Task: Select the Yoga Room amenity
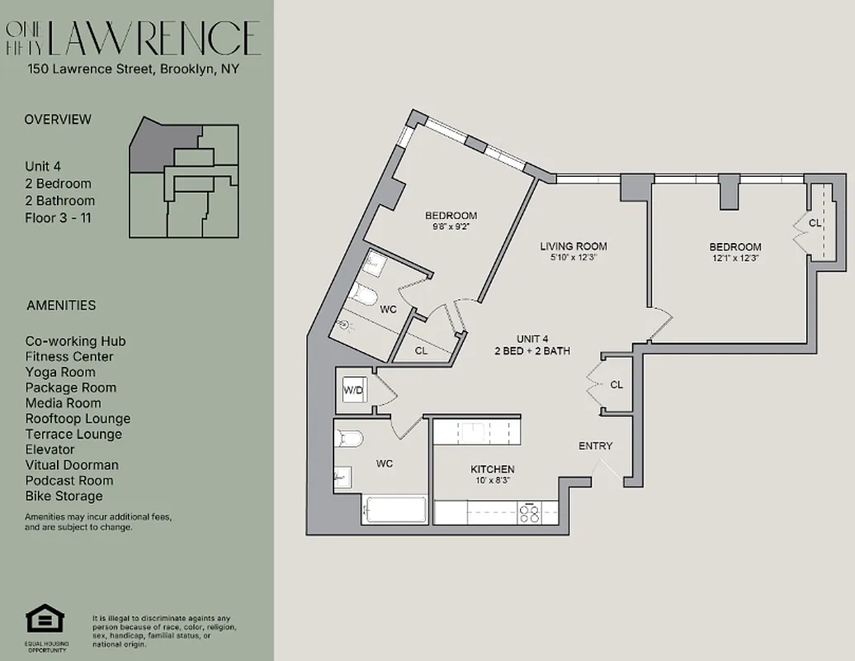pyautogui.click(x=59, y=372)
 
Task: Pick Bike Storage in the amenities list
pyautogui.click(x=64, y=496)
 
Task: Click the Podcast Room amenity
pyautogui.click(x=68, y=480)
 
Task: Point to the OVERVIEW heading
pyautogui.click(x=58, y=119)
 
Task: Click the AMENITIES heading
pyautogui.click(x=61, y=305)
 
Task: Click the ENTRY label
pyautogui.click(x=595, y=446)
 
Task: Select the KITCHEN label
pyautogui.click(x=493, y=468)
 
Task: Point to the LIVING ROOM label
pyautogui.click(x=574, y=246)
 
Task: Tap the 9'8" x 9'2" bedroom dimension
pyautogui.click(x=451, y=227)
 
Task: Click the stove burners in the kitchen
pyautogui.click(x=529, y=513)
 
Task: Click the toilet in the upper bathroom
pyautogui.click(x=364, y=295)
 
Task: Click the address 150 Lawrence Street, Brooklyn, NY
pyautogui.click(x=134, y=69)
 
